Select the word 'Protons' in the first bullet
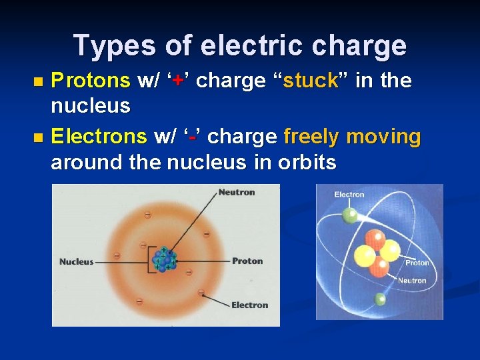[x=90, y=81]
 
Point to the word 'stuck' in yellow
[x=310, y=81]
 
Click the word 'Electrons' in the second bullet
[x=99, y=137]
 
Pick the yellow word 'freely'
[x=311, y=137]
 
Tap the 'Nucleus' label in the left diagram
[x=76, y=262]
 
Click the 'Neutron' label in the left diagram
[x=237, y=193]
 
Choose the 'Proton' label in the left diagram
[x=247, y=261]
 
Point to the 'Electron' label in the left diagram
[x=249, y=305]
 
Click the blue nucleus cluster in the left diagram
[x=164, y=260]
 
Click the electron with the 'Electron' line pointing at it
[x=201, y=292]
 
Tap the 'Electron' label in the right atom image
[x=349, y=195]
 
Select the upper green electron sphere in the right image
[x=349, y=215]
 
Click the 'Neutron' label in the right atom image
[x=412, y=281]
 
